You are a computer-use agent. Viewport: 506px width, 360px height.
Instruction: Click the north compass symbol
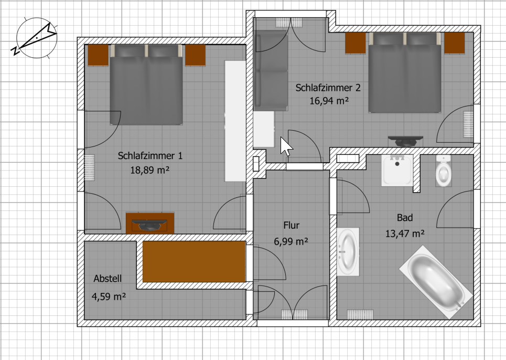[36, 38]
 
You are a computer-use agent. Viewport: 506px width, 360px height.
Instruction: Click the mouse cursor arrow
[286, 146]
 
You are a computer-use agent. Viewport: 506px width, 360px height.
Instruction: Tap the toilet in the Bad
[444, 171]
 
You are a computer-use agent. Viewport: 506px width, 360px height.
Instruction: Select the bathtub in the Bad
[436, 282]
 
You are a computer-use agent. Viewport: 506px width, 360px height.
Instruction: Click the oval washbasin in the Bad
[348, 252]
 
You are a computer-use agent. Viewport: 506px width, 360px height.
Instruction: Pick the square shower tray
[397, 171]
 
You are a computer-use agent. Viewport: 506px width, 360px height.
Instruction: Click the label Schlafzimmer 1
[150, 156]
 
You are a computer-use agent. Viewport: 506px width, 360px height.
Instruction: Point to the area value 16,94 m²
[329, 101]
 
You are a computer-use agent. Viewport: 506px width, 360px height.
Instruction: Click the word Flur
[292, 225]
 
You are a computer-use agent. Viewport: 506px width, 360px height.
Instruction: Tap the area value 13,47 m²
[405, 233]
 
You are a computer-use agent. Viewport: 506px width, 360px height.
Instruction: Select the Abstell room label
[107, 279]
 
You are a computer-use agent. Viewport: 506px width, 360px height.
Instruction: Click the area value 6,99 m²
[291, 241]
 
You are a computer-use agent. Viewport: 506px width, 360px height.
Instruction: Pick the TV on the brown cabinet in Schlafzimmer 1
[150, 225]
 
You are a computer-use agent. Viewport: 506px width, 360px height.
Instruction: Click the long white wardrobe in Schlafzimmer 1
[235, 121]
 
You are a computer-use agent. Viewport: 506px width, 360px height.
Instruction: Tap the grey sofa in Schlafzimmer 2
[271, 71]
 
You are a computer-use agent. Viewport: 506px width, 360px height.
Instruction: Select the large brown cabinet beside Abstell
[194, 261]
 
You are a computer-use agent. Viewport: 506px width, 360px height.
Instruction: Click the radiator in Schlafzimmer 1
[89, 167]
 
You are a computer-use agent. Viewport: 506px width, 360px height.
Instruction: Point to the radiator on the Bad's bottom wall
[360, 314]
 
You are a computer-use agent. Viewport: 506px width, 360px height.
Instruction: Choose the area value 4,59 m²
[109, 297]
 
